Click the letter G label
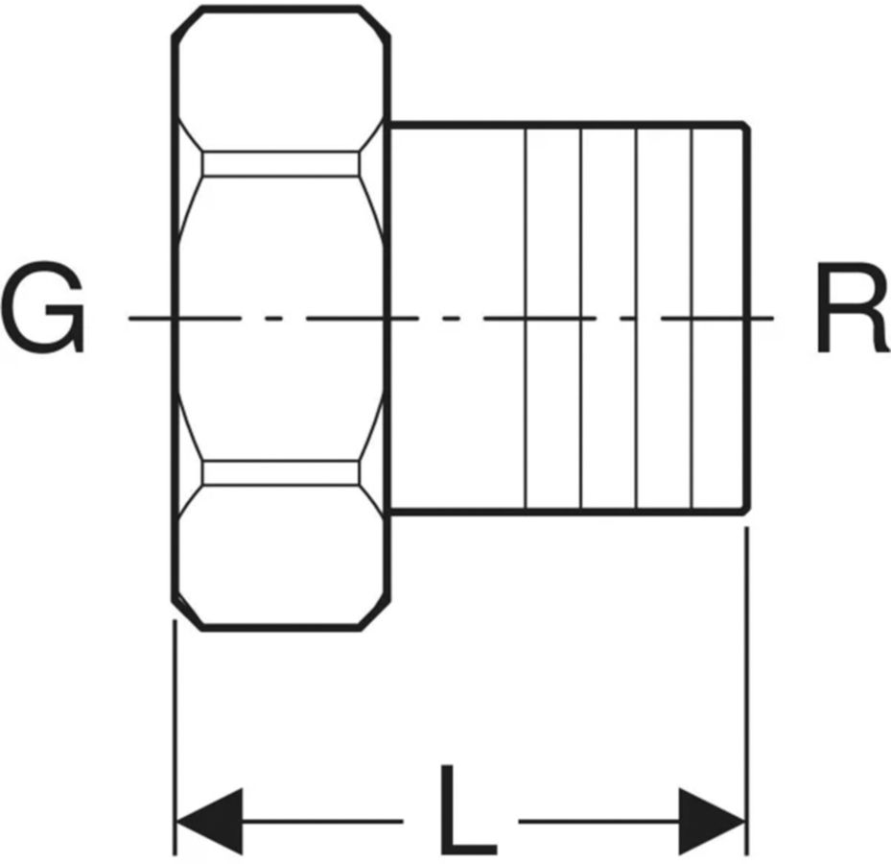pyautogui.click(x=42, y=307)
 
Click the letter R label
pyautogui.click(x=854, y=307)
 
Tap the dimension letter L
pyautogui.click(x=468, y=810)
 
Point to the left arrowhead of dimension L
pyautogui.click(x=210, y=822)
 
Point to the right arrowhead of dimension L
pyautogui.click(x=712, y=822)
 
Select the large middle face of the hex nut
pyautogui.click(x=281, y=319)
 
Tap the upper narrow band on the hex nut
pyautogui.click(x=281, y=164)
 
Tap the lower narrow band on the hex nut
pyautogui.click(x=281, y=472)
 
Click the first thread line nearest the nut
pyautogui.click(x=527, y=319)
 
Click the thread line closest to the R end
pyautogui.click(x=692, y=319)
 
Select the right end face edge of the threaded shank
pyautogui.click(x=748, y=319)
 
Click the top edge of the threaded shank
pyautogui.click(x=567, y=124)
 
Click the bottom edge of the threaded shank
pyautogui.click(x=567, y=512)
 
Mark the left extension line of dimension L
pyautogui.click(x=175, y=737)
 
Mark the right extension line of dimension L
pyautogui.click(x=747, y=690)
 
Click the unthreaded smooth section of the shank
pyautogui.click(x=458, y=319)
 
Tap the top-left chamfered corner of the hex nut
pyautogui.click(x=188, y=22)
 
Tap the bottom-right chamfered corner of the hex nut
pyautogui.click(x=375, y=614)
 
